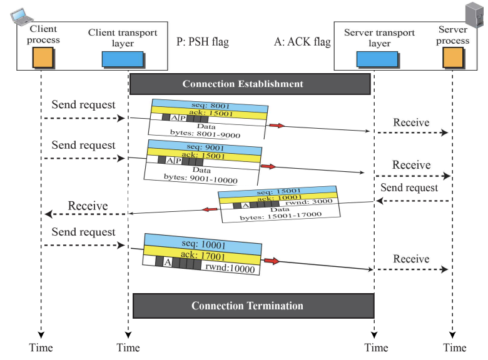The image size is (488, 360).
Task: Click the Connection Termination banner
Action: tap(253, 306)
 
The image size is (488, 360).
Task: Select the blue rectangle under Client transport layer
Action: tap(122, 59)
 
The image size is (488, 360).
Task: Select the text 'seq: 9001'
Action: tap(203, 148)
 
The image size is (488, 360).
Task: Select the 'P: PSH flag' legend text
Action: tap(203, 42)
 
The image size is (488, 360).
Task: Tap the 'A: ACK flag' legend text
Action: tap(302, 42)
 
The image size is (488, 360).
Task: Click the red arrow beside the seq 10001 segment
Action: tap(270, 261)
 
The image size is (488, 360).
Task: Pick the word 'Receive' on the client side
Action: tap(88, 206)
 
